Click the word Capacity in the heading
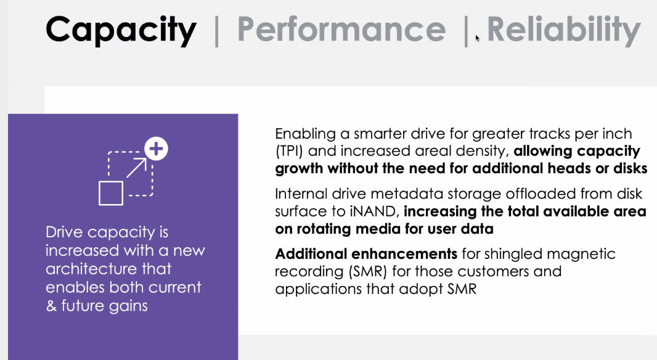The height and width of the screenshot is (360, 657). [x=121, y=30]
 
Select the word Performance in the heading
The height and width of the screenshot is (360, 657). [x=341, y=30]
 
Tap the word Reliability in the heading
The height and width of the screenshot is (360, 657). [x=563, y=30]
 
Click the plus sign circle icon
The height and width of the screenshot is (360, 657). [x=157, y=149]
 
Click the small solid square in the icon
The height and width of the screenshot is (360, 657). [x=111, y=193]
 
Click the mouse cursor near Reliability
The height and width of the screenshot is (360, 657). [x=477, y=39]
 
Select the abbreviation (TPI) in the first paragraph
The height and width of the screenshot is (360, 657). [x=288, y=151]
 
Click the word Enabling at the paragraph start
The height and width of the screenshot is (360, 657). [x=306, y=134]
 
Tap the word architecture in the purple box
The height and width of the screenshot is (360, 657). [x=108, y=269]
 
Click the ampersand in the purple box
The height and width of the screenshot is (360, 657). [x=51, y=306]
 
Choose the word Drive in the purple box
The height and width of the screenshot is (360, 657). [x=65, y=232]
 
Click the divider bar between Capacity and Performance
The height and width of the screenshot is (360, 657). [x=216, y=30]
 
